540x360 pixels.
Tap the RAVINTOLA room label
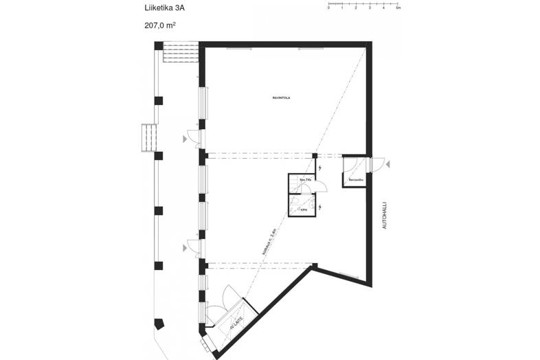pyautogui.click(x=282, y=98)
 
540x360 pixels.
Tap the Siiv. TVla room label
pyautogui.click(x=304, y=179)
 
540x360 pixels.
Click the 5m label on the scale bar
pyautogui.click(x=398, y=9)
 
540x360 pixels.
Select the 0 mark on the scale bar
pyautogui.click(x=328, y=9)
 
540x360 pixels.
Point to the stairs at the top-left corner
pyautogui.click(x=181, y=53)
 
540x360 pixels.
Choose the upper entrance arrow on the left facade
pyautogui.click(x=184, y=139)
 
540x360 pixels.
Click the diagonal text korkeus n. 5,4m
pyautogui.click(x=269, y=240)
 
